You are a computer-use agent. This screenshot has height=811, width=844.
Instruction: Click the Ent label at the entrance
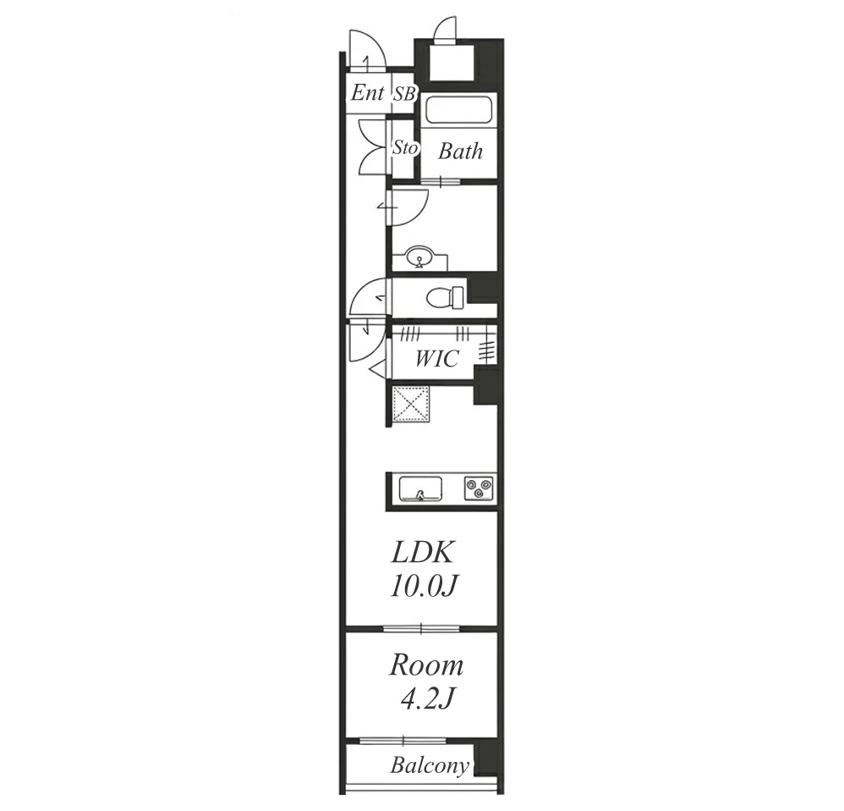tap(368, 93)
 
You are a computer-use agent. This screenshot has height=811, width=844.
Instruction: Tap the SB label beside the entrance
tap(405, 94)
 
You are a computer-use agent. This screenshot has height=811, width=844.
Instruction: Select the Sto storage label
tap(405, 147)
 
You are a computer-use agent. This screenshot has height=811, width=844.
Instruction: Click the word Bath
tap(460, 152)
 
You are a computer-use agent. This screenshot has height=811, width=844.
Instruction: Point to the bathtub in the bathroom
tap(458, 110)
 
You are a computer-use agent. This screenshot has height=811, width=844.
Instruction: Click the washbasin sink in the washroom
tap(419, 257)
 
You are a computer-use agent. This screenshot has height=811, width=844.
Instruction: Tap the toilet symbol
tap(445, 297)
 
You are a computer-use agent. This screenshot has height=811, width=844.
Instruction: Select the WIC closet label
tap(436, 358)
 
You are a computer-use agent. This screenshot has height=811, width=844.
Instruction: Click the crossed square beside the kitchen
tap(411, 405)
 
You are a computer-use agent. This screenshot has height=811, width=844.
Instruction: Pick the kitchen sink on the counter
tap(420, 488)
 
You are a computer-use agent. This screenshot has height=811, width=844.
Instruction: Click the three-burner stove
tap(479, 488)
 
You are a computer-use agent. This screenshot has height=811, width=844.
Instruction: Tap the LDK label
tap(423, 552)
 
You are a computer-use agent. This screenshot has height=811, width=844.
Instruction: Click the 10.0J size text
tap(425, 586)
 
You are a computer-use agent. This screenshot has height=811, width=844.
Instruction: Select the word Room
tap(426, 665)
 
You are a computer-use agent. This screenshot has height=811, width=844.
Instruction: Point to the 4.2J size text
tap(428, 699)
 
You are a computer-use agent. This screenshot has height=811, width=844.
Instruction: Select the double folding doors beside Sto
tap(372, 146)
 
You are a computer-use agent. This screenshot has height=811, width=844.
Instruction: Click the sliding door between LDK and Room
tap(421, 628)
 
